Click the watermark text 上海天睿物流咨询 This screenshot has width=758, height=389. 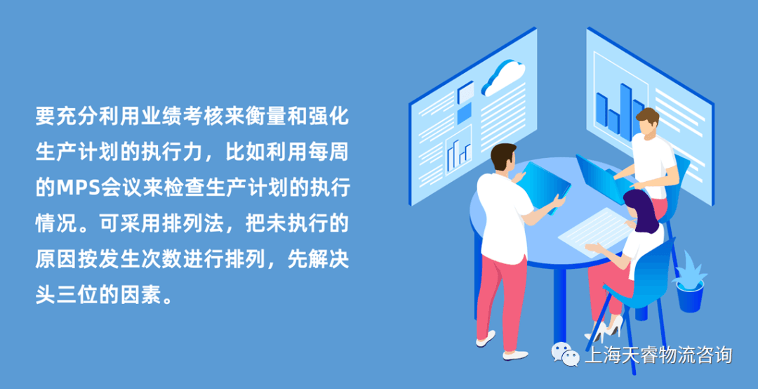658,355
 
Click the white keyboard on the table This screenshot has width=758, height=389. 593,231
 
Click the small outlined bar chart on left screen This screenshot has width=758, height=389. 458,154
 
